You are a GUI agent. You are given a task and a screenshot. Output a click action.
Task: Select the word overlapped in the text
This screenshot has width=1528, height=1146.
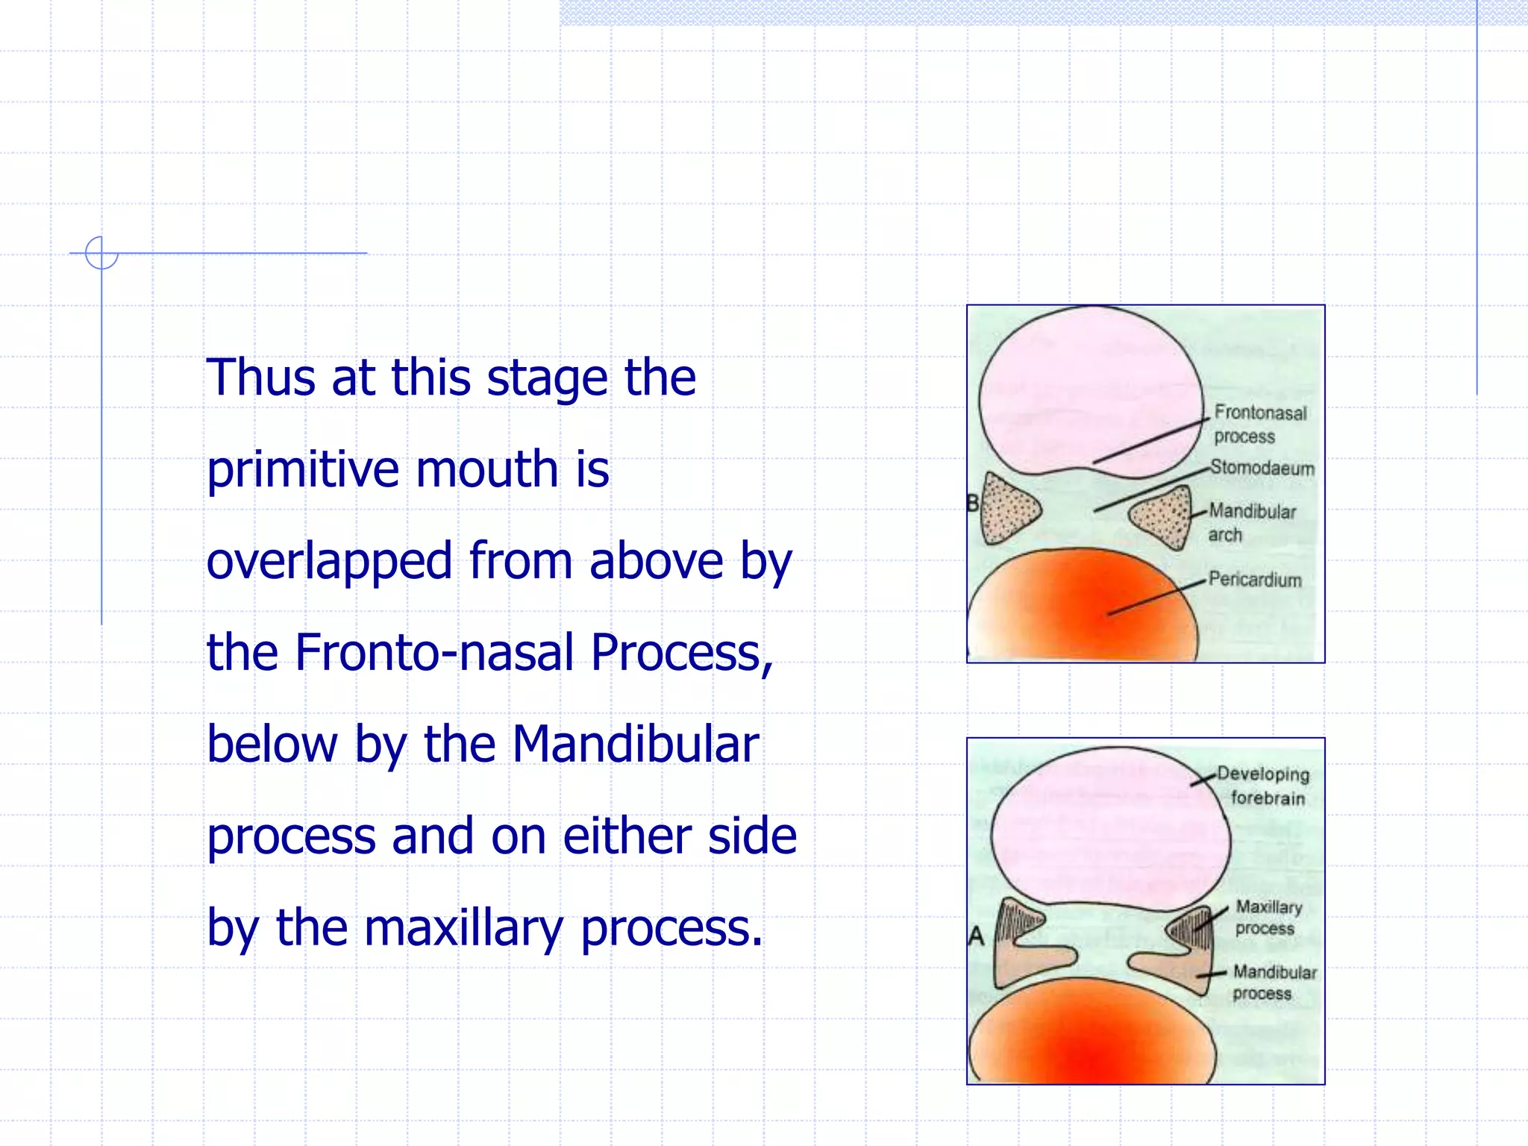click(x=329, y=561)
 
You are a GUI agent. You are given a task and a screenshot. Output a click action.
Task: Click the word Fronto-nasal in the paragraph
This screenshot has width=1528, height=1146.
click(x=436, y=653)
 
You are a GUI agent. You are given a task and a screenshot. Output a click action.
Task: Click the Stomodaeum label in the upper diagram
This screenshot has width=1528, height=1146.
click(x=1262, y=468)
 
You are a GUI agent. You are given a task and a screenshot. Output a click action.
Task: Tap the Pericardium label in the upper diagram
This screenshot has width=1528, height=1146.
click(x=1255, y=580)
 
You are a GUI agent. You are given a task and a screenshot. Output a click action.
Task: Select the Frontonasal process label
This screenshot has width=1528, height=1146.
click(x=1259, y=424)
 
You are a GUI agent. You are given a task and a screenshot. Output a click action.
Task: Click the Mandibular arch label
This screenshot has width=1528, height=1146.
click(x=1251, y=522)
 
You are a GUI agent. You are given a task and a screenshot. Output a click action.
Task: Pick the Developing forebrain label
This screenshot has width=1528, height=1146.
click(x=1264, y=786)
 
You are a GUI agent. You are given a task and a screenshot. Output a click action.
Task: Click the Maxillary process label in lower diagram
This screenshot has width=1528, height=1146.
click(x=1268, y=917)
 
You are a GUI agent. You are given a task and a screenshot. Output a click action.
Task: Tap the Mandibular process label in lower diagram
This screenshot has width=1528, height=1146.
click(x=1274, y=982)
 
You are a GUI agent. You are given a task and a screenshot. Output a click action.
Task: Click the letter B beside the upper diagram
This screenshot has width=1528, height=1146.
click(x=972, y=504)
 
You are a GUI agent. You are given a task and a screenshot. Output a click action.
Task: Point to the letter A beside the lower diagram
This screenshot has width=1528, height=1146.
click(x=976, y=936)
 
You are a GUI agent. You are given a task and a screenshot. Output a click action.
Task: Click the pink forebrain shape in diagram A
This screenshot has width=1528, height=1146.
click(x=1110, y=828)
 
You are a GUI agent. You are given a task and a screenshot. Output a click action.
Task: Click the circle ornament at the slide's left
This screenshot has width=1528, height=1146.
click(x=101, y=253)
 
